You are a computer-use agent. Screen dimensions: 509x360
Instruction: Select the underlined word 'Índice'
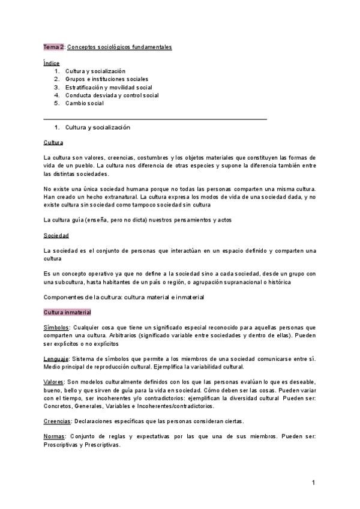tap(52, 63)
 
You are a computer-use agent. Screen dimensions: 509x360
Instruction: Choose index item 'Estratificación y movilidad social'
tap(109, 87)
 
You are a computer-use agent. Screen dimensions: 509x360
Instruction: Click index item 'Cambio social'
tap(85, 103)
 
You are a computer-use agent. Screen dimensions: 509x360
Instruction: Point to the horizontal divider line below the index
tap(155, 119)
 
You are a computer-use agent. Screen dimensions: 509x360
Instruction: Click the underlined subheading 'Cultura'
tap(53, 142)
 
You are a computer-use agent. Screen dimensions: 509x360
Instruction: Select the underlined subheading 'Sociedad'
tap(56, 235)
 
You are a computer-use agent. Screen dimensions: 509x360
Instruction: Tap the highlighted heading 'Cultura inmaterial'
tap(67, 313)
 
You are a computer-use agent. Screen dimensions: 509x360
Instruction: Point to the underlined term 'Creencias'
tap(58, 421)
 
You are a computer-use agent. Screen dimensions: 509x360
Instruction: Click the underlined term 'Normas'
tap(55, 436)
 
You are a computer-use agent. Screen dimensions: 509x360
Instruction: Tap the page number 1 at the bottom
tap(313, 483)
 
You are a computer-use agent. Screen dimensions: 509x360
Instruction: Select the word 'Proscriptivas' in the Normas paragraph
tap(63, 445)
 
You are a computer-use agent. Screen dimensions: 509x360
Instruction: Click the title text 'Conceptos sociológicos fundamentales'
tap(119, 47)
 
